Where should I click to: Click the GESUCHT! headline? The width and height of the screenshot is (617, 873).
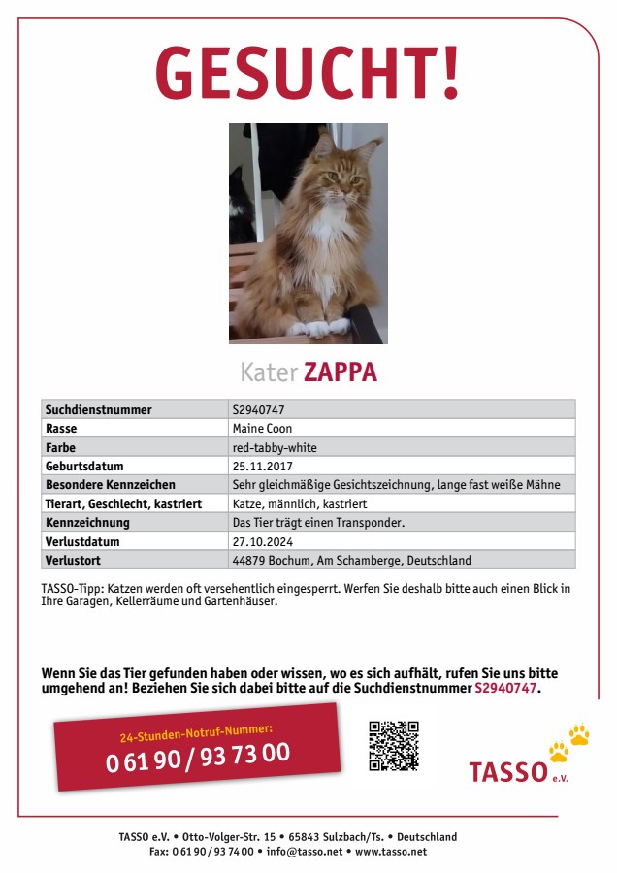pos(308,74)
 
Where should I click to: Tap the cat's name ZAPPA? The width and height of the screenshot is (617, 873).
pos(340,372)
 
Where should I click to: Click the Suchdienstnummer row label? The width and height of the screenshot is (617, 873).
pos(98,409)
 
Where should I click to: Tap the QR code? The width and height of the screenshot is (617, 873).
pos(393,745)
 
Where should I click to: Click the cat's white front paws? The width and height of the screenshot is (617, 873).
pos(319,327)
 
